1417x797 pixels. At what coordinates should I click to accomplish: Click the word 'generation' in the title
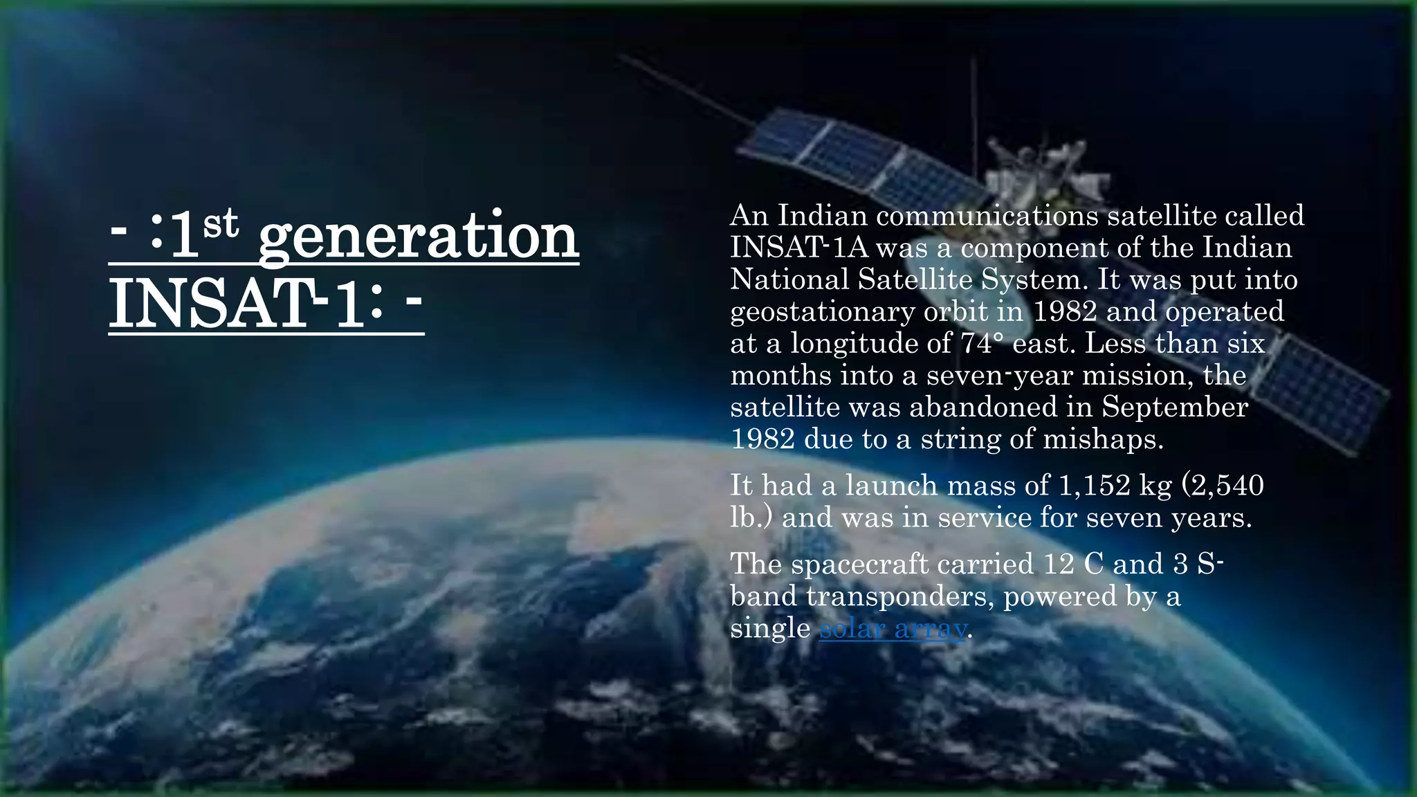[418, 237]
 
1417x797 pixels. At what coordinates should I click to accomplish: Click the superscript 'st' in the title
[221, 223]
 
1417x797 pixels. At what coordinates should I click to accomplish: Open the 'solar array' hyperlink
[893, 628]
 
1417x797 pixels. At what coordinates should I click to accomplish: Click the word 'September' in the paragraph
[1175, 407]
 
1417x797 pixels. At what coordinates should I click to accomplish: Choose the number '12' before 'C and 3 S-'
[1059, 565]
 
